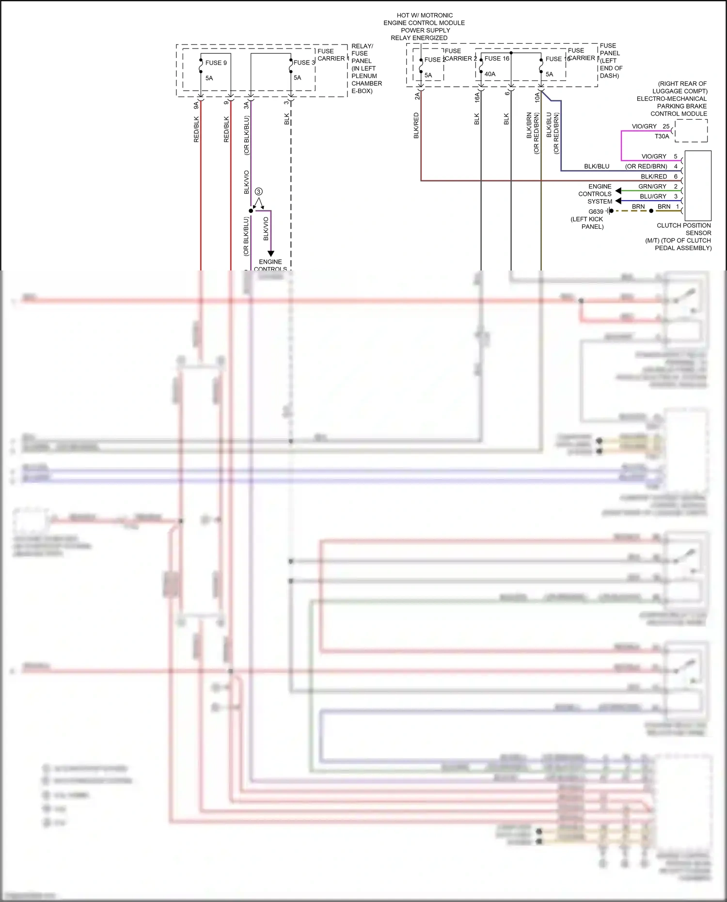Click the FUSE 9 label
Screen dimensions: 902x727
coord(216,63)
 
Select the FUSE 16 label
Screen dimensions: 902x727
coord(497,59)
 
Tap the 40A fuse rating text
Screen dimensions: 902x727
coord(490,74)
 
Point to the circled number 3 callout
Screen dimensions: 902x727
coord(258,191)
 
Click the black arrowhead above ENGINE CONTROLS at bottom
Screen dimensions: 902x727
coord(271,253)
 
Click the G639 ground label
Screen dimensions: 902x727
coord(596,211)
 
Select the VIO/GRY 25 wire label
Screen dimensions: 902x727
coord(650,127)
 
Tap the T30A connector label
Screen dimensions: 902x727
coord(662,136)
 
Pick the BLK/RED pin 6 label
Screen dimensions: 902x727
coord(659,176)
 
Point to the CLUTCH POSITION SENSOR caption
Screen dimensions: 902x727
coord(683,229)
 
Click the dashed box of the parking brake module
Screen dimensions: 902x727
coord(691,131)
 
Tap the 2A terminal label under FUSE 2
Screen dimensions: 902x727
coord(417,95)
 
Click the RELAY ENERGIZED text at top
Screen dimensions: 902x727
coord(419,38)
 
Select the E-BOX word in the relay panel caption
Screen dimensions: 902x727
coord(362,91)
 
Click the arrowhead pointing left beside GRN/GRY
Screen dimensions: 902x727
coord(618,190)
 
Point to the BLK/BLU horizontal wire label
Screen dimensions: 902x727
coord(596,166)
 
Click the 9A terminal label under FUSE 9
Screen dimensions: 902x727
coord(196,105)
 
